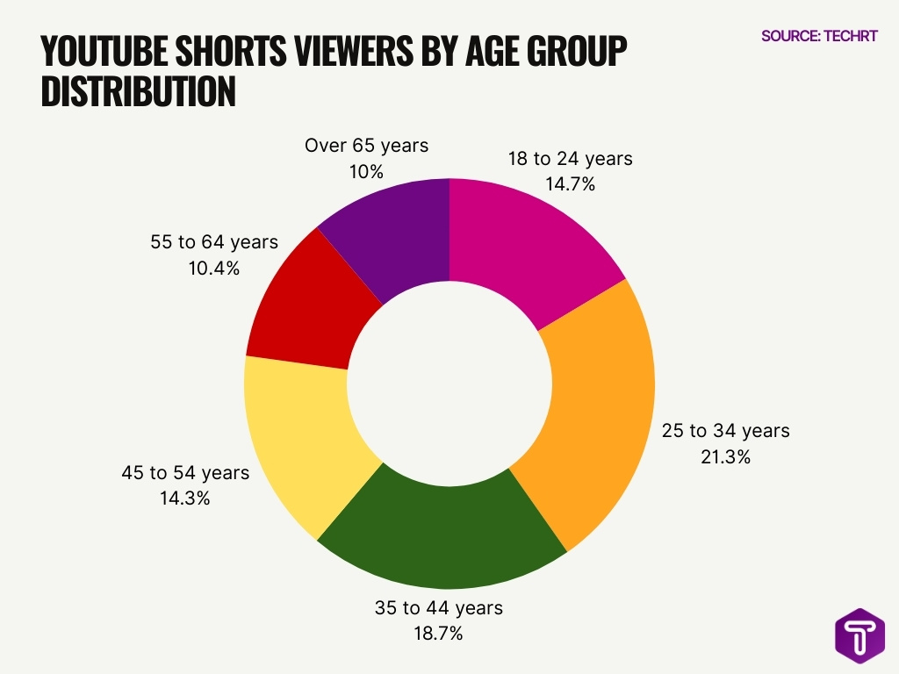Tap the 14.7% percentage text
coord(570,185)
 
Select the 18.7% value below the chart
coord(438,634)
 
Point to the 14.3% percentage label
coord(184,498)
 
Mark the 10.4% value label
coord(214,269)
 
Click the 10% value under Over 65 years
coord(366,172)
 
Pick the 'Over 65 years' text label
coord(366,146)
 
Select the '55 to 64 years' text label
coord(214,242)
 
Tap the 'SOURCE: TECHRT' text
coord(819,36)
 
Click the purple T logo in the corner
coord(859,637)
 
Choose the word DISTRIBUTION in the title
coord(138,91)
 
